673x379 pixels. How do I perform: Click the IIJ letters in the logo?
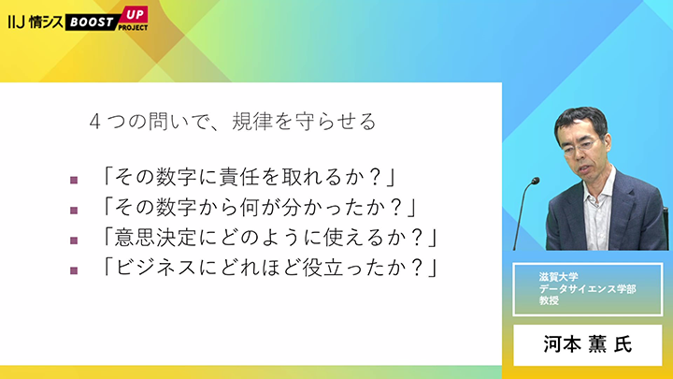pyautogui.click(x=16, y=22)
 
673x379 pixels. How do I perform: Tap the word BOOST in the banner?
pyautogui.click(x=92, y=22)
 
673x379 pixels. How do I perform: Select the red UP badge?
pyautogui.click(x=135, y=15)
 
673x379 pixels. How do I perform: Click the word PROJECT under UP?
pyautogui.click(x=133, y=27)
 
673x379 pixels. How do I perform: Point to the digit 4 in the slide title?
pyautogui.click(x=94, y=122)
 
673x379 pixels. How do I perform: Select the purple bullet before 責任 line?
pyautogui.click(x=74, y=180)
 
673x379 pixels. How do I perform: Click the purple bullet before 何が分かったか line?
pyautogui.click(x=74, y=211)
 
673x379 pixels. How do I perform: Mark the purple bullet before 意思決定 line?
pyautogui.click(x=74, y=241)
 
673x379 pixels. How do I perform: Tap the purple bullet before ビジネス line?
pyautogui.click(x=74, y=270)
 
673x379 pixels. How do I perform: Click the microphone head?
pyautogui.click(x=535, y=181)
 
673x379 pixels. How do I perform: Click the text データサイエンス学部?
pyautogui.click(x=588, y=289)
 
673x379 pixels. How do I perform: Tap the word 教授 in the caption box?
pyautogui.click(x=549, y=300)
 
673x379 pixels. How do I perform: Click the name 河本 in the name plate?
pyautogui.click(x=563, y=344)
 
